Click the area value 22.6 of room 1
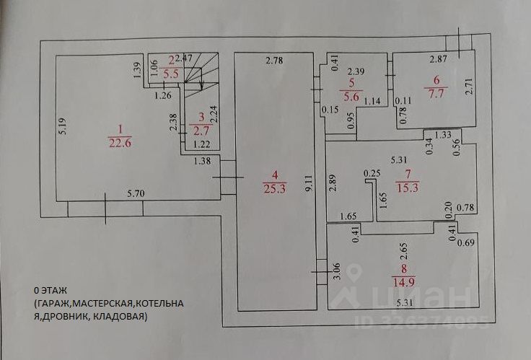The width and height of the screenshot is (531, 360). coord(120,141)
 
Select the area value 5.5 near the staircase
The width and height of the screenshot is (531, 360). coord(172,73)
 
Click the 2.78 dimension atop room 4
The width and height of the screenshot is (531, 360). coord(273,61)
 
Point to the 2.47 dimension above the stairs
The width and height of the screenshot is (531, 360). coord(185,57)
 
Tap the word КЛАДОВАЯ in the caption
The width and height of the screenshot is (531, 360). coord(123,316)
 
